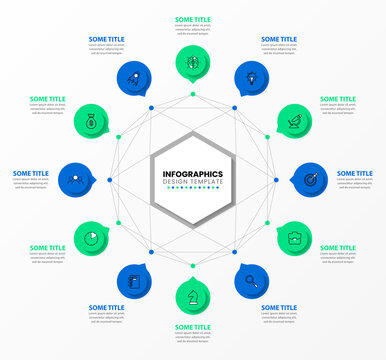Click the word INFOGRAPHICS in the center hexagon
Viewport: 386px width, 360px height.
pos(193,174)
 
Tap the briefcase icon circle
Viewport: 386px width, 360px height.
pos(295,236)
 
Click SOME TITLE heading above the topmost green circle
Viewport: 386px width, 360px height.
pos(193,19)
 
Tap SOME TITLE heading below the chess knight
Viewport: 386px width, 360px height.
pos(193,327)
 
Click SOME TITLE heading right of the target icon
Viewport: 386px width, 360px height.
pos(354,173)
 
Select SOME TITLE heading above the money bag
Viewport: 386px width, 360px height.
pos(47,99)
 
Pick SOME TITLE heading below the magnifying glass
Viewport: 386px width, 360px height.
pos(279,308)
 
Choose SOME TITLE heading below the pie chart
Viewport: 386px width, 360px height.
pos(47,248)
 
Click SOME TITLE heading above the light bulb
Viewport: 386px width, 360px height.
pos(279,40)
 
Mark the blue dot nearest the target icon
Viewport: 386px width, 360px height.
pos(276,180)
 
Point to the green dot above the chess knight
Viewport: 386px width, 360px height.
pos(193,264)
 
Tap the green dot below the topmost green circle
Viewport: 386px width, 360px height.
pos(193,96)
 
